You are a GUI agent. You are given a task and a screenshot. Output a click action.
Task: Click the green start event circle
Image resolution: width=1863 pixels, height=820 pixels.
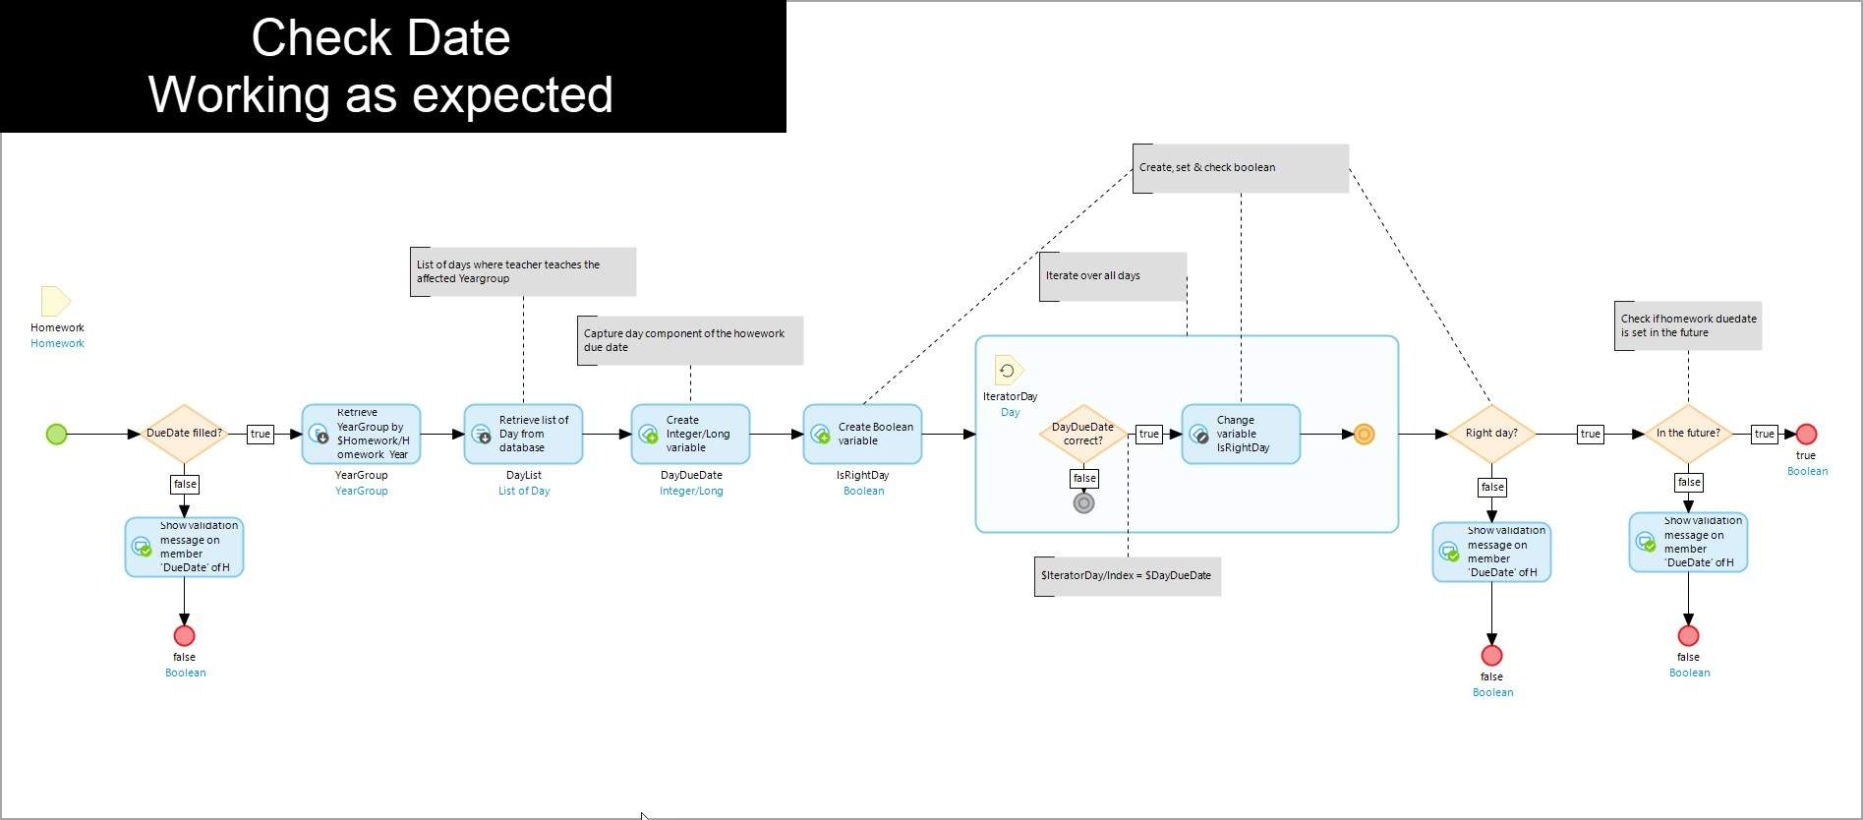(57, 434)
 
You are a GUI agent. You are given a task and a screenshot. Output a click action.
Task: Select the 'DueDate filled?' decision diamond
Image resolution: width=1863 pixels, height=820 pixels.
(184, 434)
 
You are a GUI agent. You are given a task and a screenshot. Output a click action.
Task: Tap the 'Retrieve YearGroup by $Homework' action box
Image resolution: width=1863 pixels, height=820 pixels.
(361, 434)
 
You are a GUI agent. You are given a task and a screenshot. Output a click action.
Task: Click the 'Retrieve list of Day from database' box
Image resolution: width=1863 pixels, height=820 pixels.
(523, 434)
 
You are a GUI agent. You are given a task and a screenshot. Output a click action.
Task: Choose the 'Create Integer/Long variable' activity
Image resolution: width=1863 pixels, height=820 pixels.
(690, 434)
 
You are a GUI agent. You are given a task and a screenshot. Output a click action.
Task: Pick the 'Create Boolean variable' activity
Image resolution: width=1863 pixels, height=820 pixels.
(862, 434)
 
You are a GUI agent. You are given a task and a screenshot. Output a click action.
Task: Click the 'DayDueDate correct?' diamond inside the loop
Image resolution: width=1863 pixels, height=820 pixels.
(1083, 434)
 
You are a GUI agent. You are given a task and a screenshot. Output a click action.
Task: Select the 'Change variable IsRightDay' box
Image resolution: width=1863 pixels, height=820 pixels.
(1241, 434)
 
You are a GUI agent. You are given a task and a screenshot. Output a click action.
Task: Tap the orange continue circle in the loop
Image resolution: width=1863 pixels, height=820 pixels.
(1364, 434)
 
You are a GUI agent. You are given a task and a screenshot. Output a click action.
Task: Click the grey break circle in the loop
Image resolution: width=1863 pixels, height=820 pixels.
(1083, 503)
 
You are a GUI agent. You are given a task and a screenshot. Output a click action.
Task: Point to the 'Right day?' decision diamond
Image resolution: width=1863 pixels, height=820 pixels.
(1491, 434)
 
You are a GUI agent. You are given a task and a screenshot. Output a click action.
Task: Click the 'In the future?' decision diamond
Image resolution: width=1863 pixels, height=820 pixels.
(1688, 434)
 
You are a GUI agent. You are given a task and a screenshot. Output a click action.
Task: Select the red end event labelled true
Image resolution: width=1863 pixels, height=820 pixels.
(1806, 434)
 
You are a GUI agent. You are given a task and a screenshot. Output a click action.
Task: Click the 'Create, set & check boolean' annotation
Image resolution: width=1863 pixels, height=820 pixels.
(1241, 168)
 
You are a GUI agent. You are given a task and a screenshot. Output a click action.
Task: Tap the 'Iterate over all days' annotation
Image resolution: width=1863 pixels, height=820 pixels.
(1113, 276)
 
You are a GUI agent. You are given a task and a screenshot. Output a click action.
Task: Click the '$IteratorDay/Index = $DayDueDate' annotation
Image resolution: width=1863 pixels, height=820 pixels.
(1128, 576)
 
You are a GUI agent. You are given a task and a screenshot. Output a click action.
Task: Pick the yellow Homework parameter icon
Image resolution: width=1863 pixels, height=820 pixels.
(55, 301)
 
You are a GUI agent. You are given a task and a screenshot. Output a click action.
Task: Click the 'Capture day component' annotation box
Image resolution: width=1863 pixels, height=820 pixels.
(690, 340)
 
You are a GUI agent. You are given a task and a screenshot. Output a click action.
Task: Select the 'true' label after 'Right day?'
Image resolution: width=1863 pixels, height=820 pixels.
(1590, 434)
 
